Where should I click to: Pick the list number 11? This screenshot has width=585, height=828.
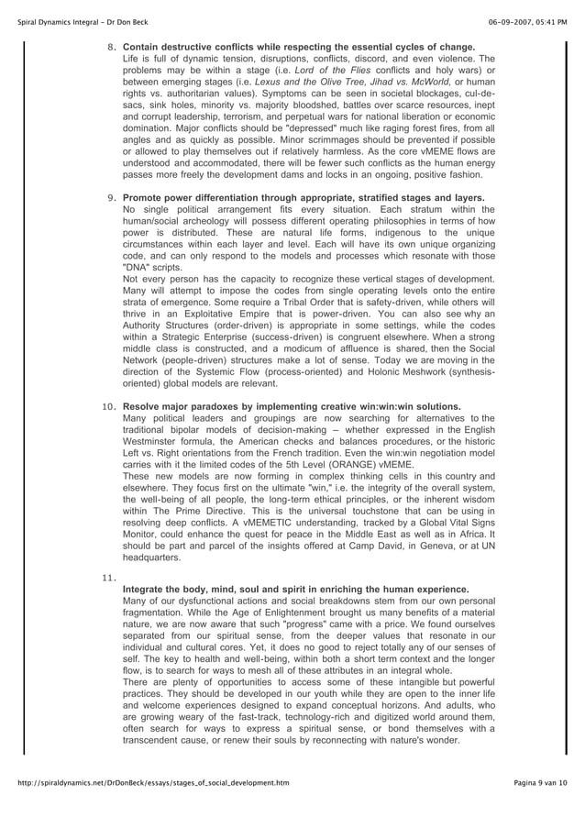click(110, 575)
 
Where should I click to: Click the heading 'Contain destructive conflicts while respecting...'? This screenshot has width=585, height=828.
click(298, 47)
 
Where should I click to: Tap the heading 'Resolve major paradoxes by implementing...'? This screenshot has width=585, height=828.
click(292, 430)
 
